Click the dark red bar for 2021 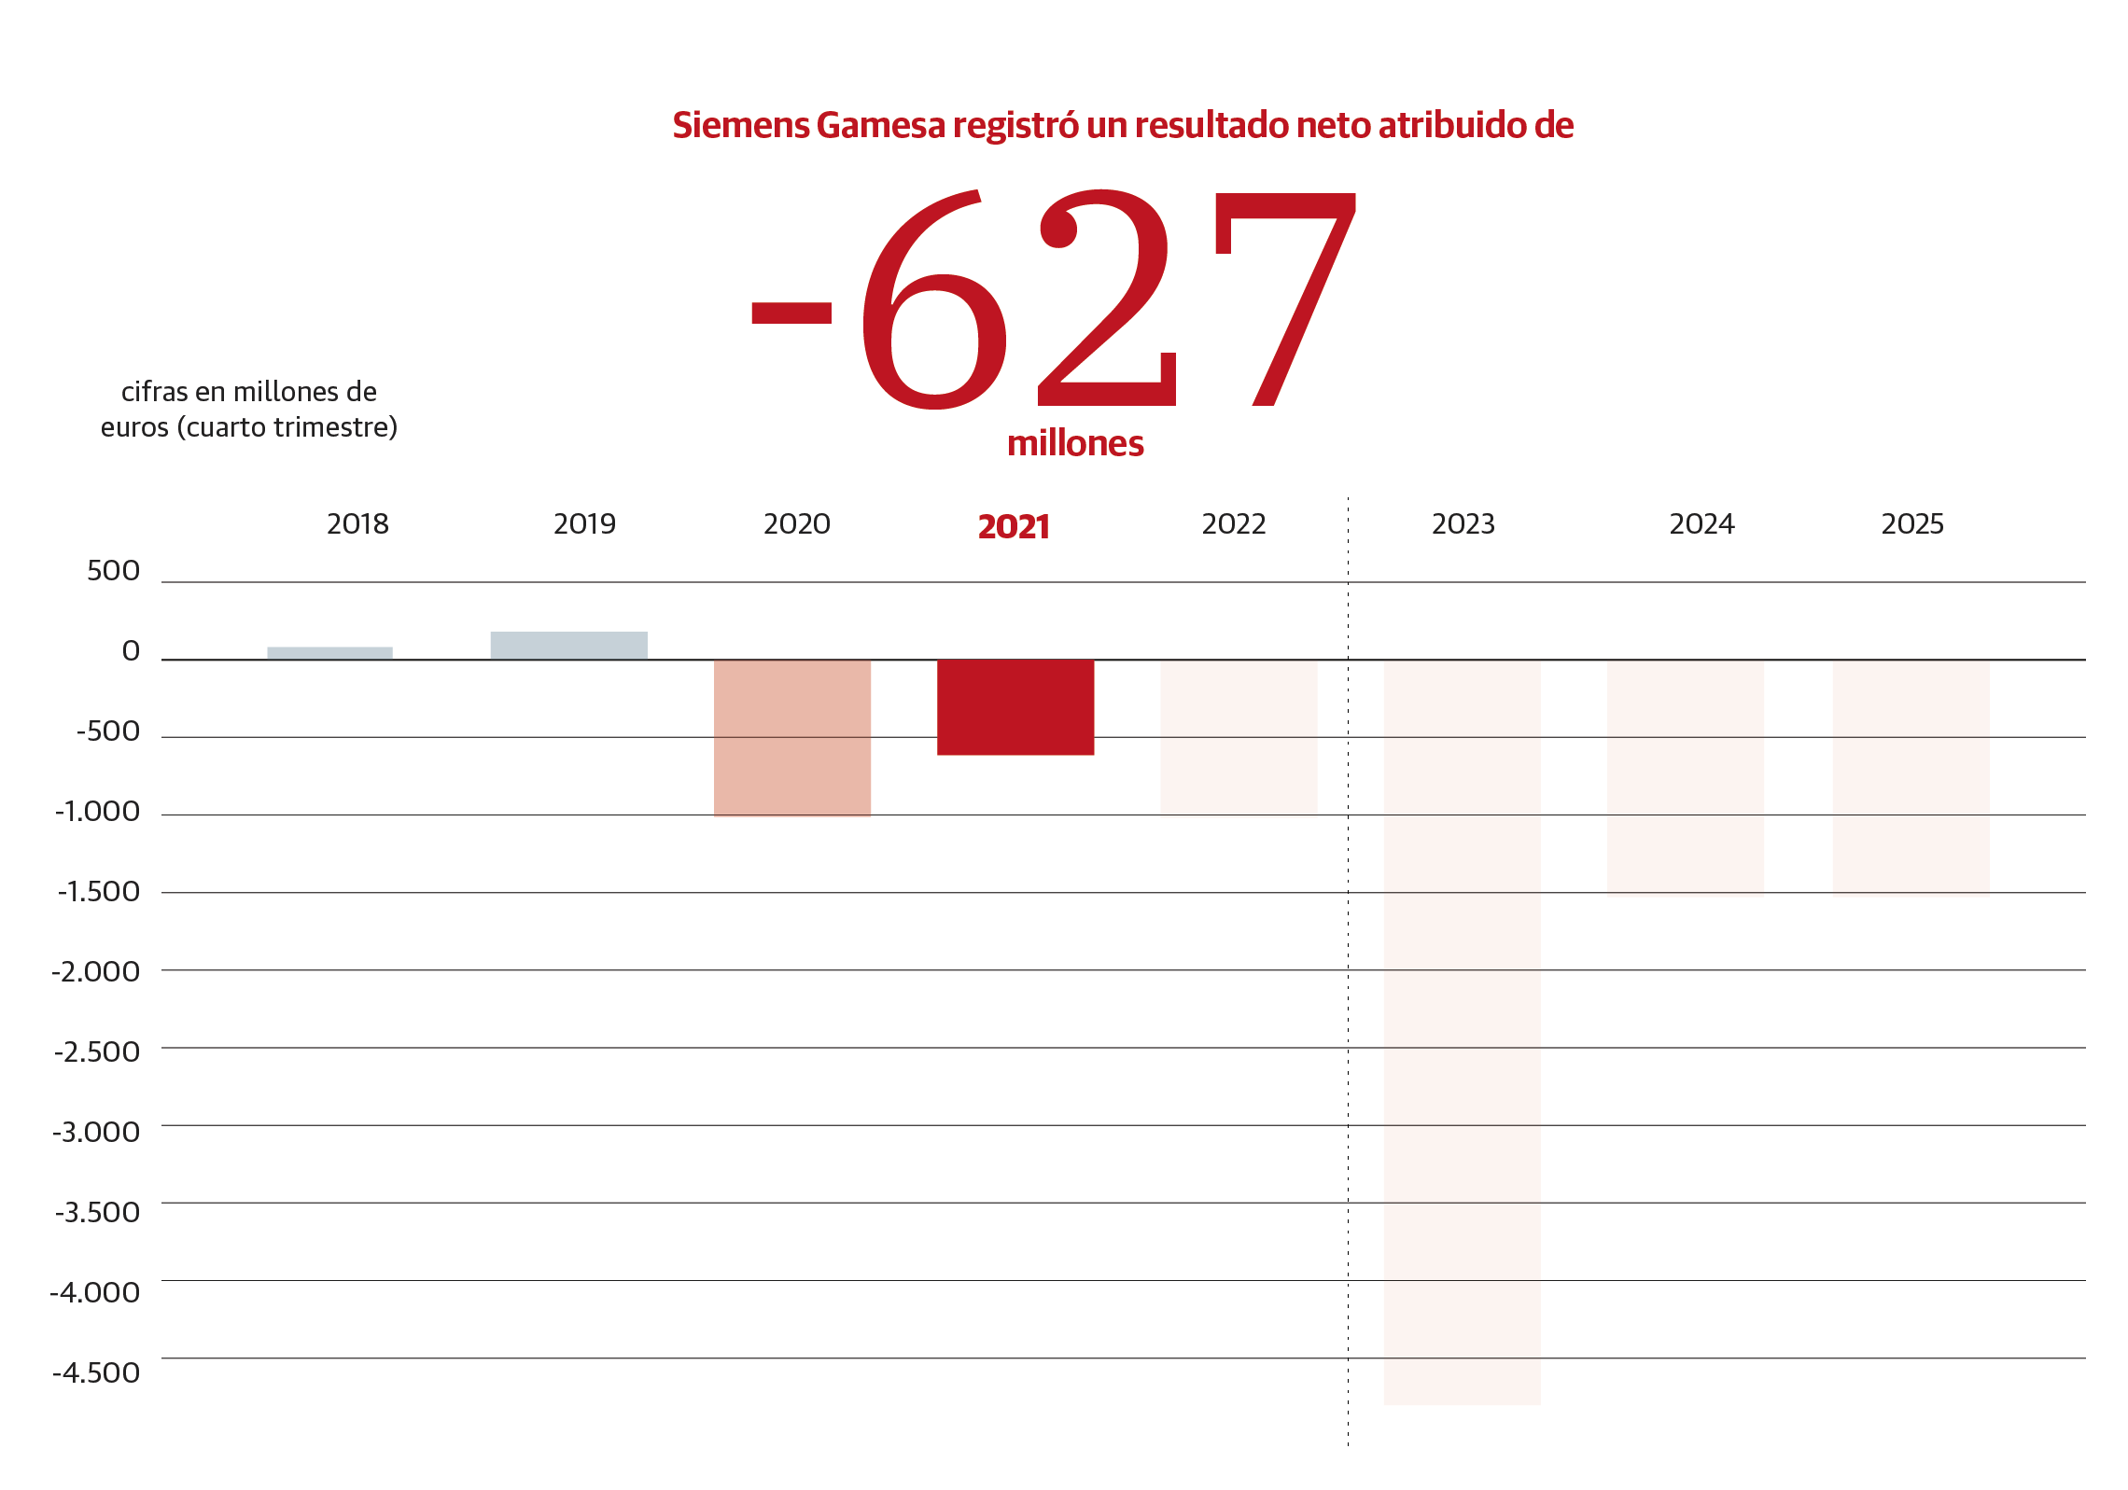(x=1015, y=706)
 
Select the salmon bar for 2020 (x=791, y=737)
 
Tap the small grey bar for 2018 (x=329, y=653)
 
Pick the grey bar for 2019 (x=568, y=646)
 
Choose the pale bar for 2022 (x=1239, y=737)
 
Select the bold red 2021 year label (x=1014, y=527)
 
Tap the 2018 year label (x=357, y=524)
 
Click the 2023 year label (x=1463, y=524)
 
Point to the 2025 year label (x=1911, y=524)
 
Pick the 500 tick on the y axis (x=113, y=571)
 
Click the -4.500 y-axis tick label (x=96, y=1372)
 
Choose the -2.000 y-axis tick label (x=96, y=972)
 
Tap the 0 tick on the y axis (x=131, y=651)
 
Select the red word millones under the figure (x=1075, y=443)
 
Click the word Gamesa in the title (x=880, y=125)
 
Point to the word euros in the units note (x=134, y=427)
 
